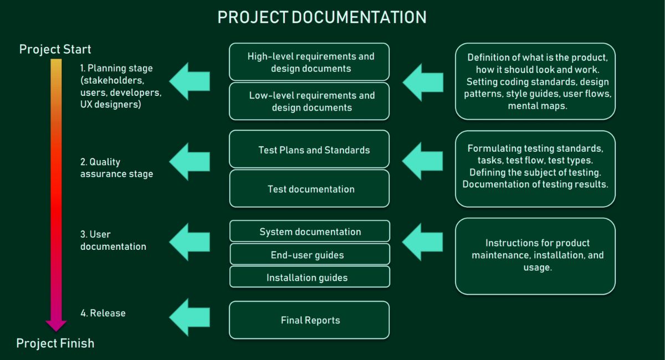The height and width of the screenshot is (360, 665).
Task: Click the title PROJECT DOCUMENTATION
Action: [321, 17]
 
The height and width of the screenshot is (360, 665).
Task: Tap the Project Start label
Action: [55, 49]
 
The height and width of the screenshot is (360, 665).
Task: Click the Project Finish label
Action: [55, 343]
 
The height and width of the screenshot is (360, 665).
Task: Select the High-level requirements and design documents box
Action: [309, 62]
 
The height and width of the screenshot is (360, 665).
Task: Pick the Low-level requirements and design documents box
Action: [309, 101]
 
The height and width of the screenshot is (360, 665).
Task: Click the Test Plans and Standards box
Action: [309, 150]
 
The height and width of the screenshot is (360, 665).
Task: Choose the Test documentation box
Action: [309, 189]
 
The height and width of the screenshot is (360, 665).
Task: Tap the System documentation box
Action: [309, 232]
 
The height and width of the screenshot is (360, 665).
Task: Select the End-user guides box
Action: [309, 255]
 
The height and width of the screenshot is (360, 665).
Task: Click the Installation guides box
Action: [309, 277]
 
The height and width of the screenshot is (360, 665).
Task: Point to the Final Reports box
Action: [309, 320]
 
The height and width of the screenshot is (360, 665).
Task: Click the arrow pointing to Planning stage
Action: [190, 81]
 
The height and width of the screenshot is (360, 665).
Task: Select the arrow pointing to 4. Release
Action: [190, 317]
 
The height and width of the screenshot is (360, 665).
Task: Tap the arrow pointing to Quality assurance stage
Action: [190, 161]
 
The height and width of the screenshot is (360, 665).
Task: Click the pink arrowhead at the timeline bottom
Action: [56, 325]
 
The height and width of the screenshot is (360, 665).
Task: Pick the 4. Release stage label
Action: [103, 313]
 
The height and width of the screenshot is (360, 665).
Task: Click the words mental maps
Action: [538, 106]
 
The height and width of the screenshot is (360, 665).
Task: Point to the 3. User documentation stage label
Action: [113, 240]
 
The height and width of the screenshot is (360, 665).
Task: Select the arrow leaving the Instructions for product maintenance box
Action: [422, 241]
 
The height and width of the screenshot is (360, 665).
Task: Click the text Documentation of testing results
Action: [535, 184]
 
